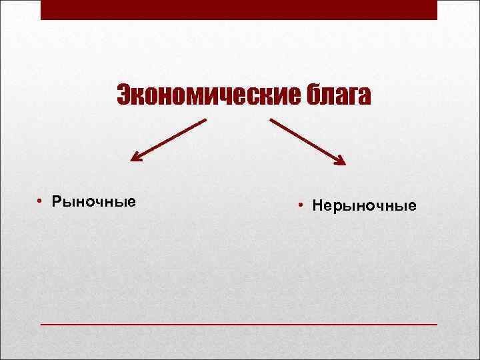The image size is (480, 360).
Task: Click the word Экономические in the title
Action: tap(203, 95)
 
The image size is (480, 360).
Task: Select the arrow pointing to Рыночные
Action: tap(169, 140)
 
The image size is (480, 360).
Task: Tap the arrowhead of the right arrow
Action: tap(342, 161)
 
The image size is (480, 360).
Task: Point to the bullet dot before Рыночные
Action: tap(41, 201)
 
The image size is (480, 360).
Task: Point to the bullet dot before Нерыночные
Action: tap(301, 206)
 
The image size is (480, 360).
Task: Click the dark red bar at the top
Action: tap(239, 9)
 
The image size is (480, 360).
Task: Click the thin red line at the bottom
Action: tap(239, 324)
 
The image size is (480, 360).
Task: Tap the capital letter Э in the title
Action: tap(123, 95)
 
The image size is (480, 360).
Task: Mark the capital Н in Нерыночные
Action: tap(317, 206)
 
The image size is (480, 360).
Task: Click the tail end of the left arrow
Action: tap(205, 120)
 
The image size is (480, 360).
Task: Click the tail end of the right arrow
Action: tap(271, 120)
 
